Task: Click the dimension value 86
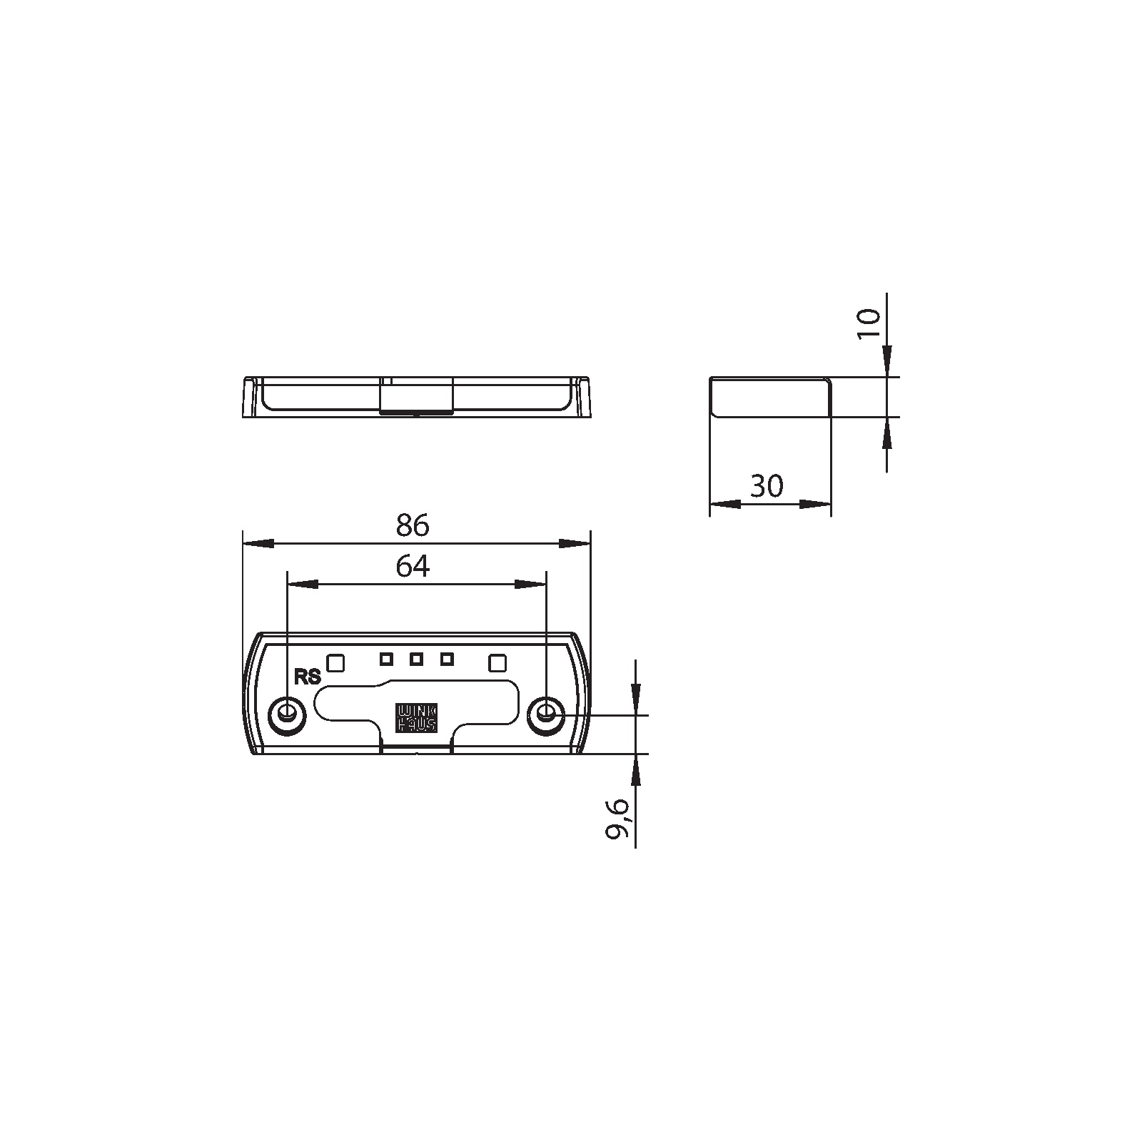[x=413, y=525]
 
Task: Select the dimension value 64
[x=413, y=567]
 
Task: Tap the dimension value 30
[x=767, y=486]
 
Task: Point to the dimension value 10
[x=868, y=325]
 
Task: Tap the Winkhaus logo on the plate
[x=417, y=719]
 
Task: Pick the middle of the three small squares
[x=417, y=659]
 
